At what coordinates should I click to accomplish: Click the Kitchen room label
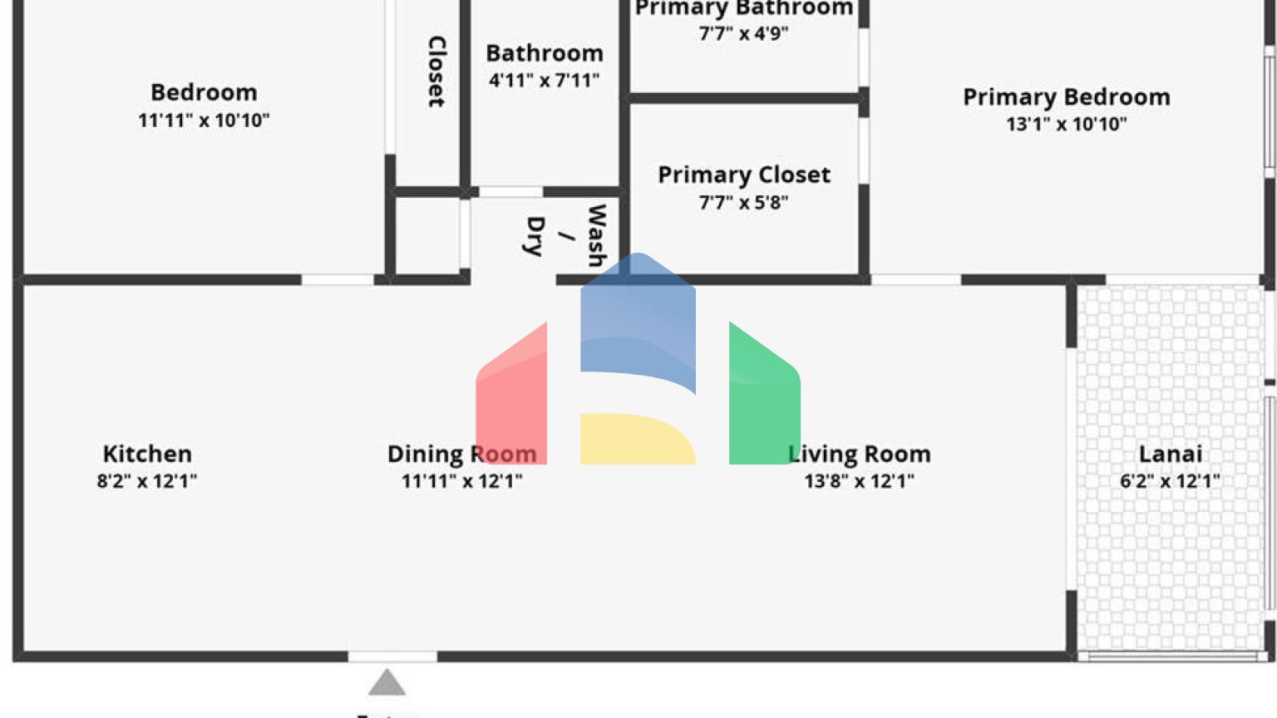(147, 454)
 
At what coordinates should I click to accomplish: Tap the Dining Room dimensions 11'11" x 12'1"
(461, 481)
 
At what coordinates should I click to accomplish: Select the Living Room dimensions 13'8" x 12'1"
(859, 481)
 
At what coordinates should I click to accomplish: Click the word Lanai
(1170, 454)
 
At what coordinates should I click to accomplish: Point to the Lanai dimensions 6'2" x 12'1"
(1170, 481)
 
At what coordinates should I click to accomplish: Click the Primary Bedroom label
(1066, 97)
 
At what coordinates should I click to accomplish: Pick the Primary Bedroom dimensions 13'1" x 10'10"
(1066, 125)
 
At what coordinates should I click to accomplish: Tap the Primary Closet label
(744, 175)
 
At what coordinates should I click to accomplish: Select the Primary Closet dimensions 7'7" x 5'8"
(744, 203)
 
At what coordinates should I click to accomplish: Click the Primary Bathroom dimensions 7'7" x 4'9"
(744, 34)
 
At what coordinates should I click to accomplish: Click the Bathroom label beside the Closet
(545, 53)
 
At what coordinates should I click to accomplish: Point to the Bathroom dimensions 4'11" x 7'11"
(545, 81)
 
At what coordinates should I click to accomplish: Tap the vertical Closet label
(436, 71)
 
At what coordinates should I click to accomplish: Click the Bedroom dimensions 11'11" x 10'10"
(204, 120)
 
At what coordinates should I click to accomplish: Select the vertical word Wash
(596, 235)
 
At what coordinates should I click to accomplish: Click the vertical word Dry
(535, 236)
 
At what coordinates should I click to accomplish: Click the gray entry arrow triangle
(387, 684)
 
